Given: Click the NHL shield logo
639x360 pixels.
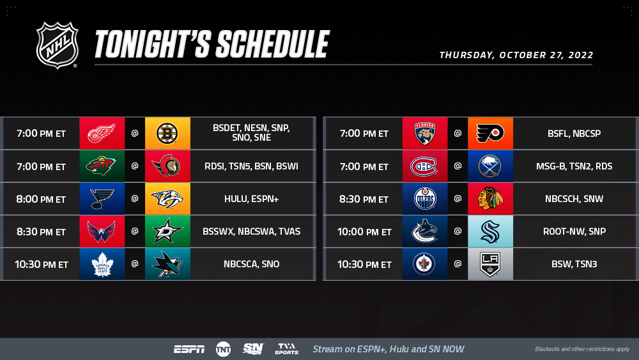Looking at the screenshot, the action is (x=57, y=45).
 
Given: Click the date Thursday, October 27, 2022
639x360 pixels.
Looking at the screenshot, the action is (x=516, y=55).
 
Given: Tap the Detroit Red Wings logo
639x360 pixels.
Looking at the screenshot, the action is (x=102, y=133).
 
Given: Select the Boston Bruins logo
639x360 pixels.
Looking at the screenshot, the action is (x=167, y=133).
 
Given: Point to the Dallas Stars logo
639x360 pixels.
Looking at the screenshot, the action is (x=167, y=231).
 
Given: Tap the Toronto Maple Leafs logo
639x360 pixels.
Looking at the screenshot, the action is (x=102, y=264).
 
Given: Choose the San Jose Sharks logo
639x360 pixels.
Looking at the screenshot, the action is (x=168, y=264).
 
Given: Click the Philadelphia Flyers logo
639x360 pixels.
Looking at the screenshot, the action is (x=490, y=133).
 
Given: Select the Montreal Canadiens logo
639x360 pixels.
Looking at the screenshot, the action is (x=424, y=166).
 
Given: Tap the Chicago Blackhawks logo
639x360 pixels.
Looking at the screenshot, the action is (x=490, y=199).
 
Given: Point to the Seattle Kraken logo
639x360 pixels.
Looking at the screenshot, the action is (x=490, y=231).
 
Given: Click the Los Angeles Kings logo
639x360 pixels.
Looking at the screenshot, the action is (x=490, y=264).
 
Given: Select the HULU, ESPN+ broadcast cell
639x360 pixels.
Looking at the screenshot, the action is (x=251, y=199).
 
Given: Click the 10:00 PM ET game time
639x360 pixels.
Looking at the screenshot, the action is (x=364, y=232).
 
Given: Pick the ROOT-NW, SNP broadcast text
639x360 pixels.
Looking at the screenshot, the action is (x=574, y=231).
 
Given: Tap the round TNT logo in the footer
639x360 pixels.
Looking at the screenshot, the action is (x=223, y=349).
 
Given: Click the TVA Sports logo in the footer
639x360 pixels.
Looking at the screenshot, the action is (x=286, y=348).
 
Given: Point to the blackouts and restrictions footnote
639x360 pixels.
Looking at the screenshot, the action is (x=582, y=349).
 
